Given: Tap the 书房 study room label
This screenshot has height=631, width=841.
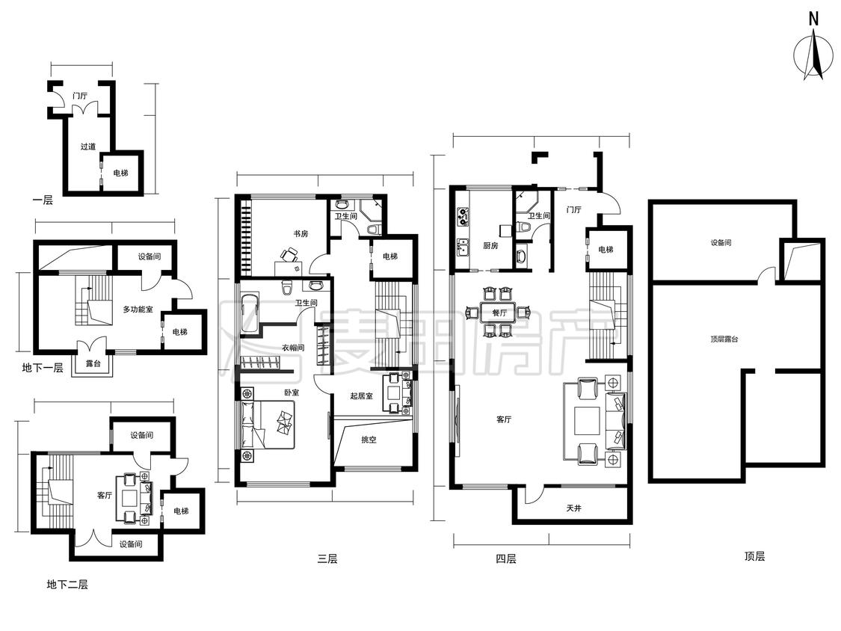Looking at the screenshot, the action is [x=301, y=233].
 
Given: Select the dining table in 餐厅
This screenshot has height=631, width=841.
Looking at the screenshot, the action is [x=499, y=312].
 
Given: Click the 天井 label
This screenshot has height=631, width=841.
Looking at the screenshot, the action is [x=573, y=508].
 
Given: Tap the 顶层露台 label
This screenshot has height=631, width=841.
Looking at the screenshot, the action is [x=724, y=339].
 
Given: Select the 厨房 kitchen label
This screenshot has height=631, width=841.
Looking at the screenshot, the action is [x=490, y=246].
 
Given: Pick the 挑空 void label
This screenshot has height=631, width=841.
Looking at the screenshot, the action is [x=369, y=440].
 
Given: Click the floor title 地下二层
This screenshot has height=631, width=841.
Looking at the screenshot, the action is [x=67, y=585].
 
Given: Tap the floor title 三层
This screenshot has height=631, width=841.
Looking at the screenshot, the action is [x=327, y=558].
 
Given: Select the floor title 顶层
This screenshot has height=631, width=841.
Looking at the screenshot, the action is [x=754, y=556].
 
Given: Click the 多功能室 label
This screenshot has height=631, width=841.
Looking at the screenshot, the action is [x=138, y=309].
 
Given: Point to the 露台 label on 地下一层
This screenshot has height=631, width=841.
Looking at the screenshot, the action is [x=93, y=363].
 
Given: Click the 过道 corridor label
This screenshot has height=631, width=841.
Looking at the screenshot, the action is [x=88, y=146].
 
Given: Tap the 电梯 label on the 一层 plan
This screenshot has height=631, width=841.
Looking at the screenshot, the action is [x=120, y=173].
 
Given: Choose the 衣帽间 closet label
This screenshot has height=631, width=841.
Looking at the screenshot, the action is [x=293, y=347].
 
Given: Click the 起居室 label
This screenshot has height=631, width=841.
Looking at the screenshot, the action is [x=361, y=396].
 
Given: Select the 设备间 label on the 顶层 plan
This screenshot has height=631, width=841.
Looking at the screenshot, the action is [x=721, y=242].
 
